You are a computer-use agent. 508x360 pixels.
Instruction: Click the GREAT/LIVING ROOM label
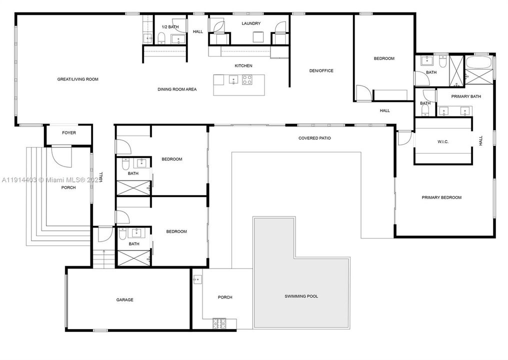click(77, 79)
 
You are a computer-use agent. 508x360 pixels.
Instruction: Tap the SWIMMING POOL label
click(301, 296)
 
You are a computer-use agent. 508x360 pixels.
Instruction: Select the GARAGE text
click(125, 300)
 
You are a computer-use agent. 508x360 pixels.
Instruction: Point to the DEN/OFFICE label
click(321, 70)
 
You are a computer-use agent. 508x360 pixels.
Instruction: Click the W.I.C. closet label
click(442, 141)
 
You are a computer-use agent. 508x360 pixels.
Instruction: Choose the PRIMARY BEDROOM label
click(441, 197)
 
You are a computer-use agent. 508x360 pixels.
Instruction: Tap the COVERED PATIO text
click(314, 138)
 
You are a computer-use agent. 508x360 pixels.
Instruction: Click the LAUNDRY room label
click(251, 23)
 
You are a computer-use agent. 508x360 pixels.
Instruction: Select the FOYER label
click(69, 133)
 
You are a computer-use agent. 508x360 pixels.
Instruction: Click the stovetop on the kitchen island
click(247, 79)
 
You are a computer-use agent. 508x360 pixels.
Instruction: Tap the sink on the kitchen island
click(232, 79)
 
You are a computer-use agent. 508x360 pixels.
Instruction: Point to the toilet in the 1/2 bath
click(161, 38)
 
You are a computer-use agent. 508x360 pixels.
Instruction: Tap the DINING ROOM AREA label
click(177, 89)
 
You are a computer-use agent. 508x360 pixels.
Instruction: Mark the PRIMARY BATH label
click(466, 96)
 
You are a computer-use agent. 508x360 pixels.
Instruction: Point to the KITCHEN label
click(243, 66)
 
